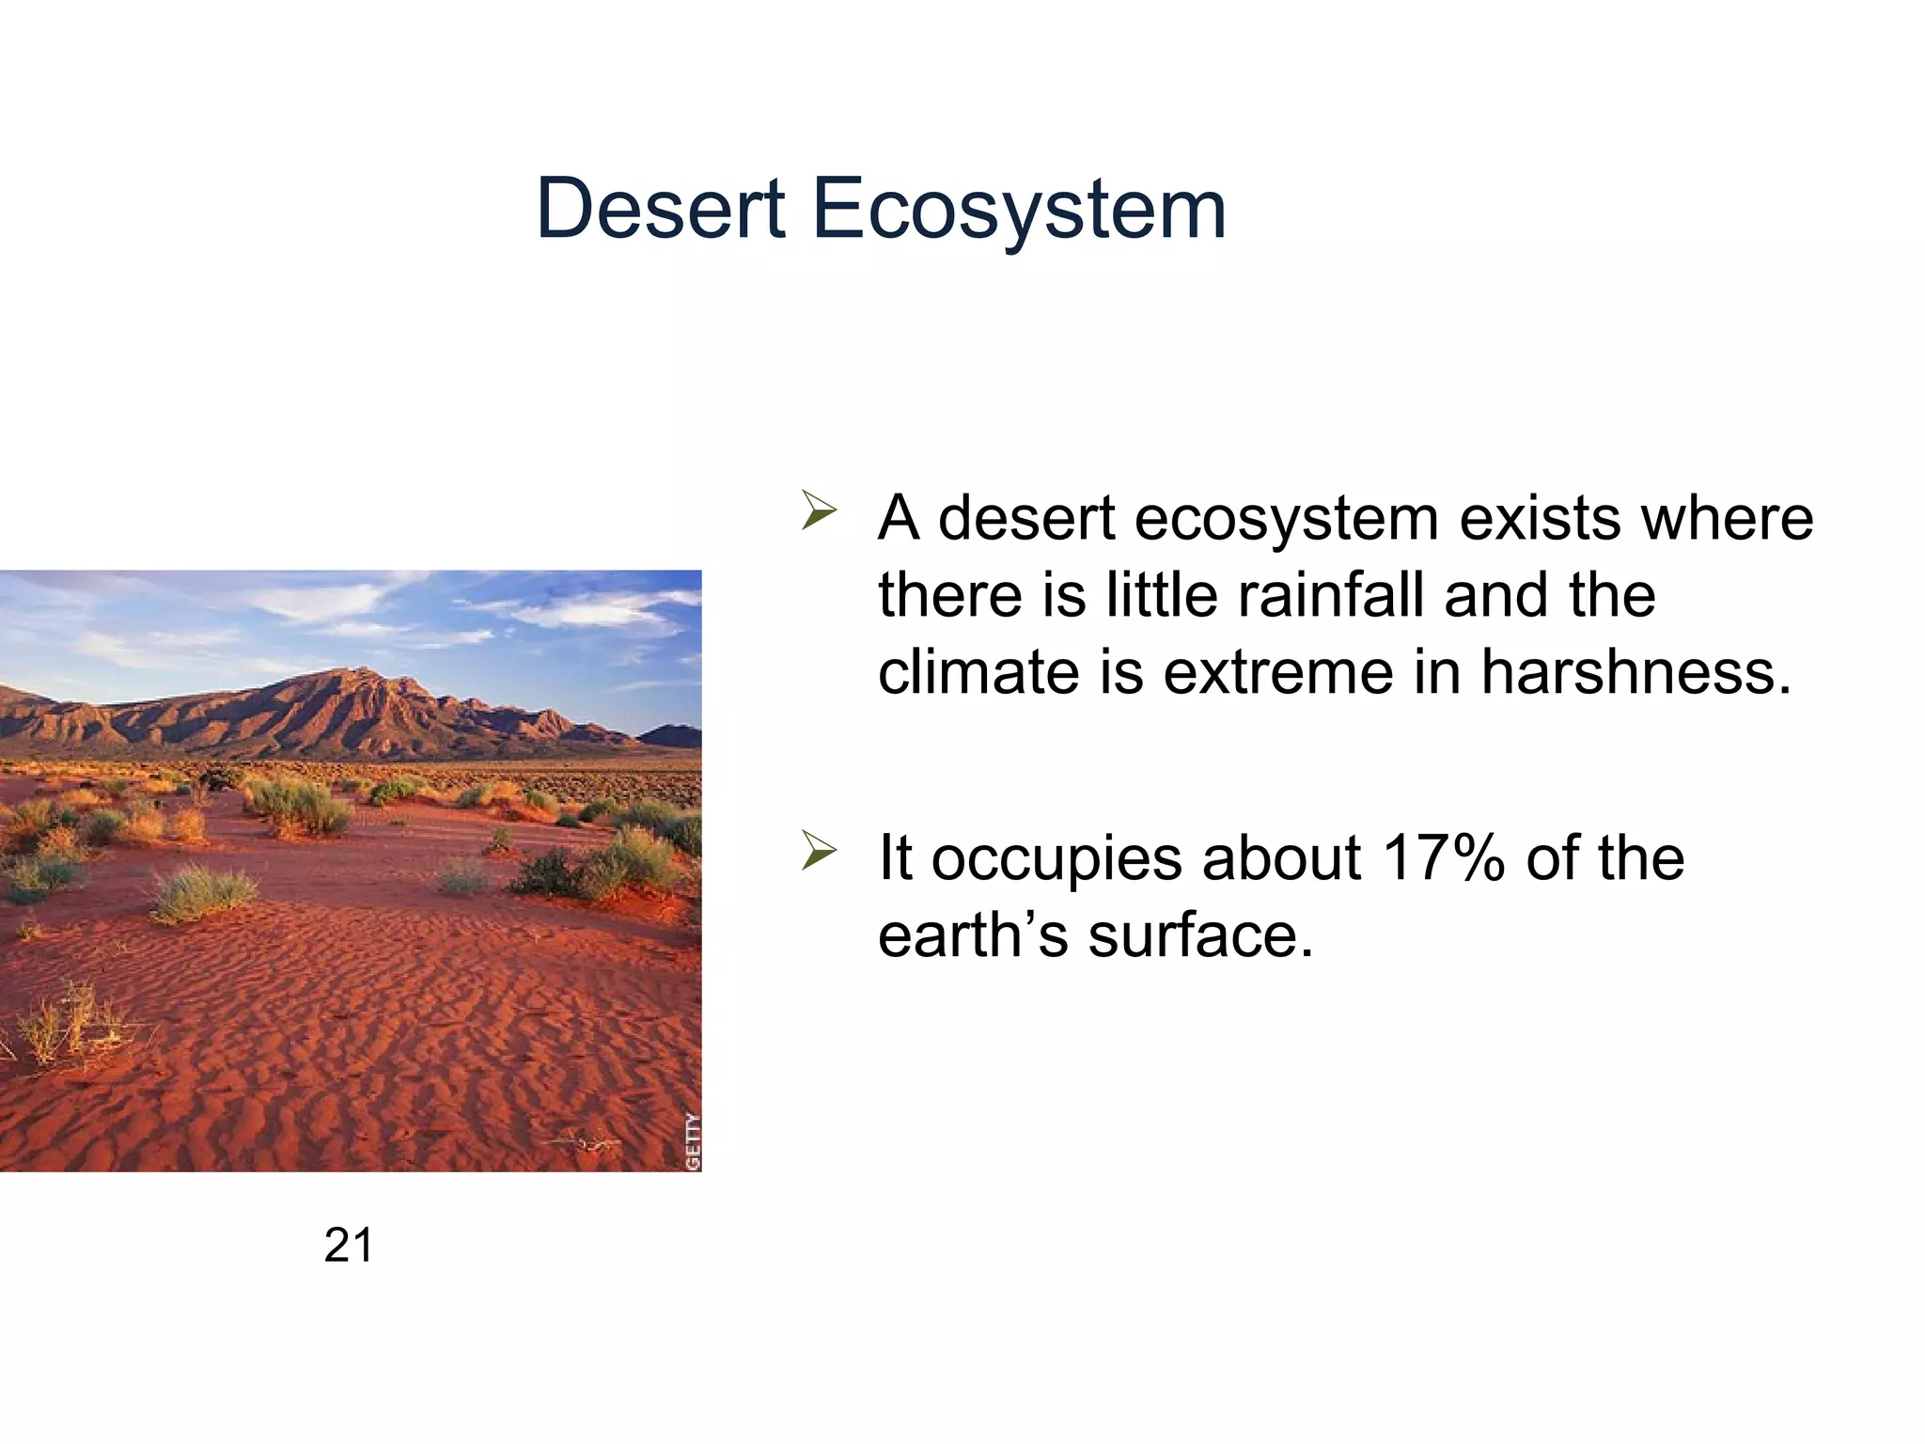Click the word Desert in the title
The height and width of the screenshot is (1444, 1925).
[x=660, y=209]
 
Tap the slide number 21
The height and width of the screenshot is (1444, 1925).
[x=348, y=1246]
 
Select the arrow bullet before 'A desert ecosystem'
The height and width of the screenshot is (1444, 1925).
[x=819, y=510]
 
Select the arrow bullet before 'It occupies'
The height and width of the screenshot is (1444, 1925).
[x=819, y=851]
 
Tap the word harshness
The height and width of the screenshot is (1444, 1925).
[x=1635, y=672]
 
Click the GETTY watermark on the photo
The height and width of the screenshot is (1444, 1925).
[x=693, y=1141]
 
